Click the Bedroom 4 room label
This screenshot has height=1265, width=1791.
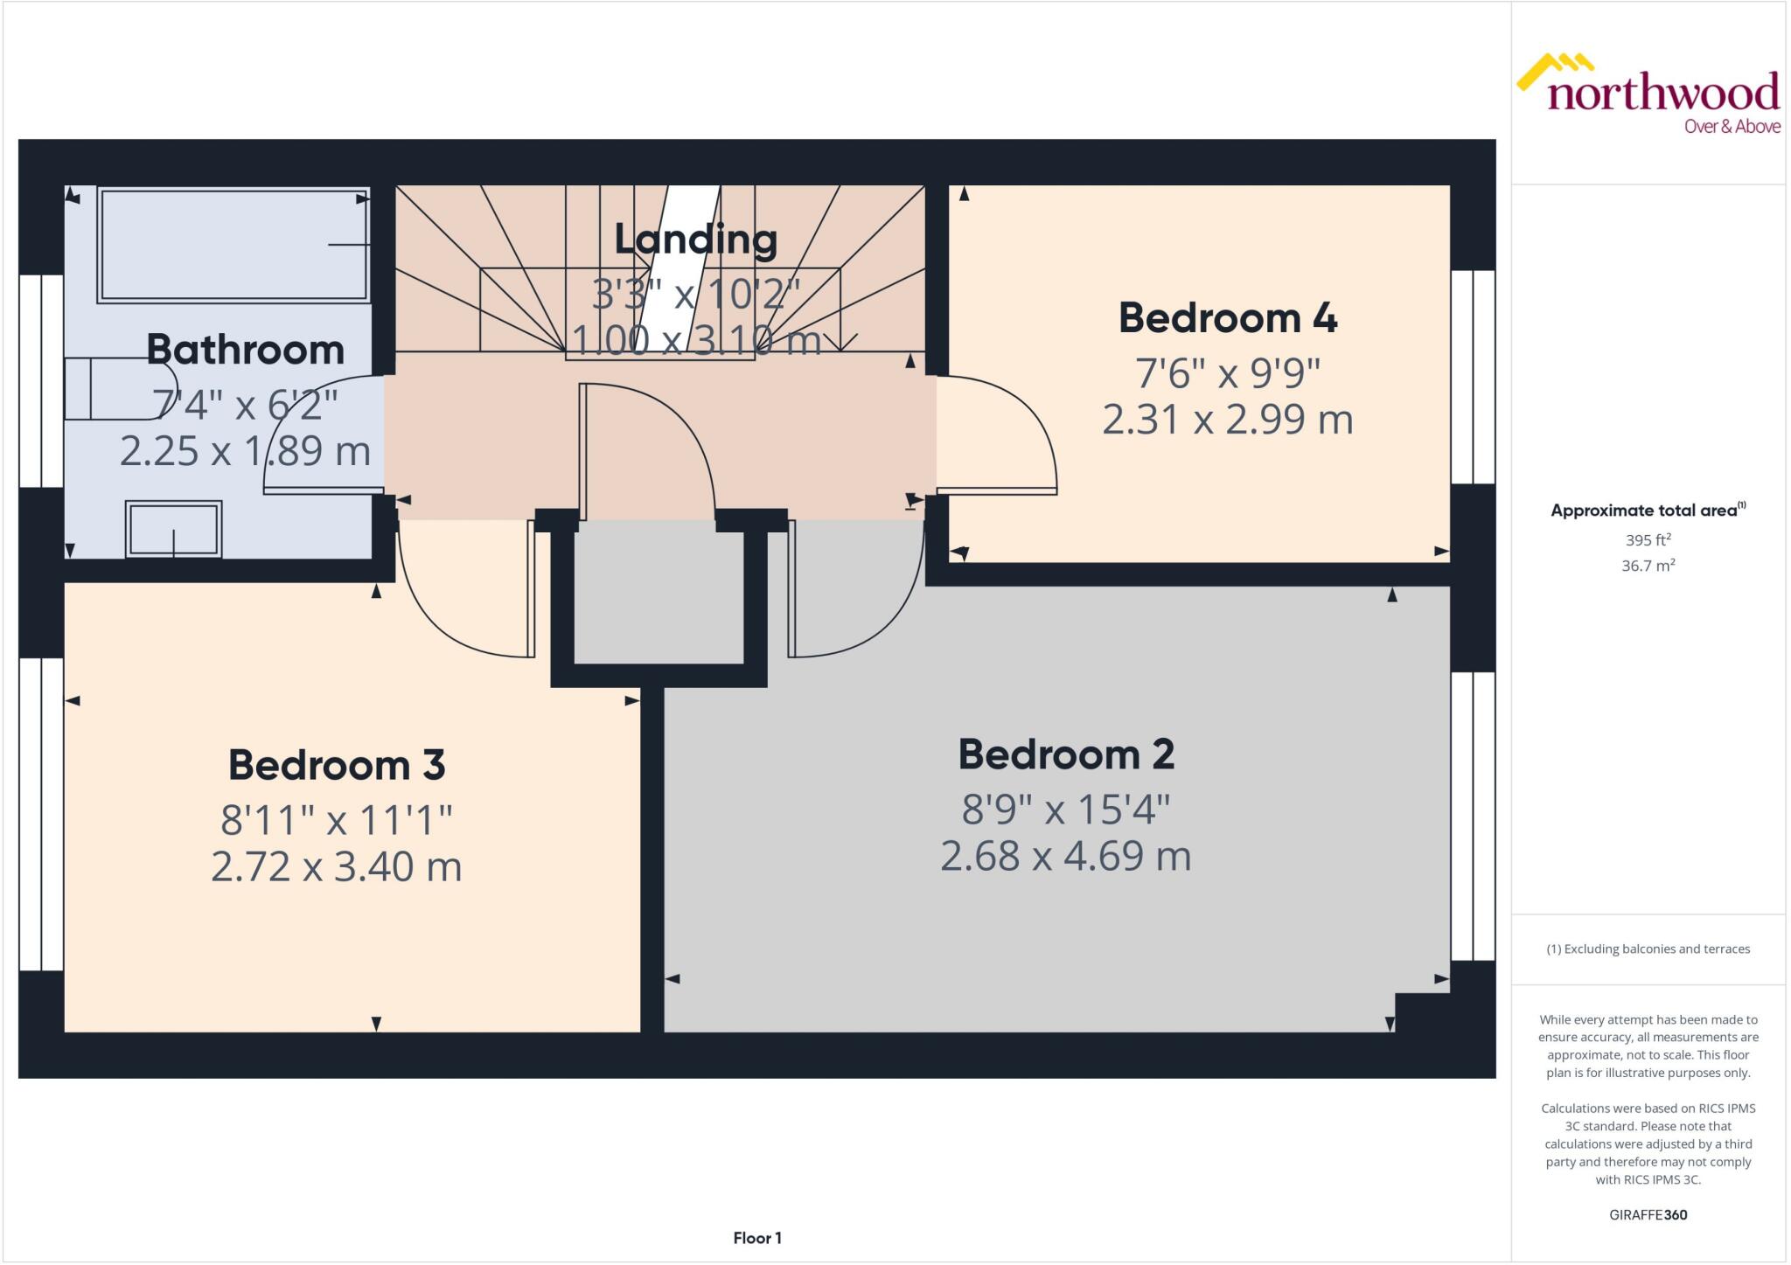pyautogui.click(x=1227, y=317)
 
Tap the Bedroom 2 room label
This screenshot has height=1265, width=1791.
pyautogui.click(x=1065, y=754)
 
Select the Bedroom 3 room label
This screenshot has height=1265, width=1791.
pyautogui.click(x=337, y=765)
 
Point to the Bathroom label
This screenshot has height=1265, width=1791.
pyautogui.click(x=245, y=350)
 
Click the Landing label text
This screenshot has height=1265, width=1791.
pyautogui.click(x=695, y=239)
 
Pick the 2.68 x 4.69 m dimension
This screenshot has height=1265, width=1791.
pyautogui.click(x=1065, y=856)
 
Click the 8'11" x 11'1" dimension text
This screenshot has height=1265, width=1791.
pyautogui.click(x=337, y=820)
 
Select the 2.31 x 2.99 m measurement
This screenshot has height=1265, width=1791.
pyautogui.click(x=1227, y=420)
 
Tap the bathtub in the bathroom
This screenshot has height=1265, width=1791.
pyautogui.click(x=233, y=246)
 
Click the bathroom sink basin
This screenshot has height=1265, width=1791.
pyautogui.click(x=173, y=529)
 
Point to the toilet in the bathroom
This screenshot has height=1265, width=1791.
pyautogui.click(x=114, y=388)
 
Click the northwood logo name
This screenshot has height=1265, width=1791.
pyautogui.click(x=1662, y=93)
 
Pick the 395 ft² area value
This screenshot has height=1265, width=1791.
pyautogui.click(x=1648, y=540)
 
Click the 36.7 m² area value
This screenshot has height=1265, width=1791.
pyautogui.click(x=1648, y=566)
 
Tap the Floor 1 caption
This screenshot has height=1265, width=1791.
pyautogui.click(x=757, y=1238)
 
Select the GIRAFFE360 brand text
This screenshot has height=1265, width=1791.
pyautogui.click(x=1648, y=1214)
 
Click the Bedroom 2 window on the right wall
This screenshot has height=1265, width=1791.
pyautogui.click(x=1474, y=817)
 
